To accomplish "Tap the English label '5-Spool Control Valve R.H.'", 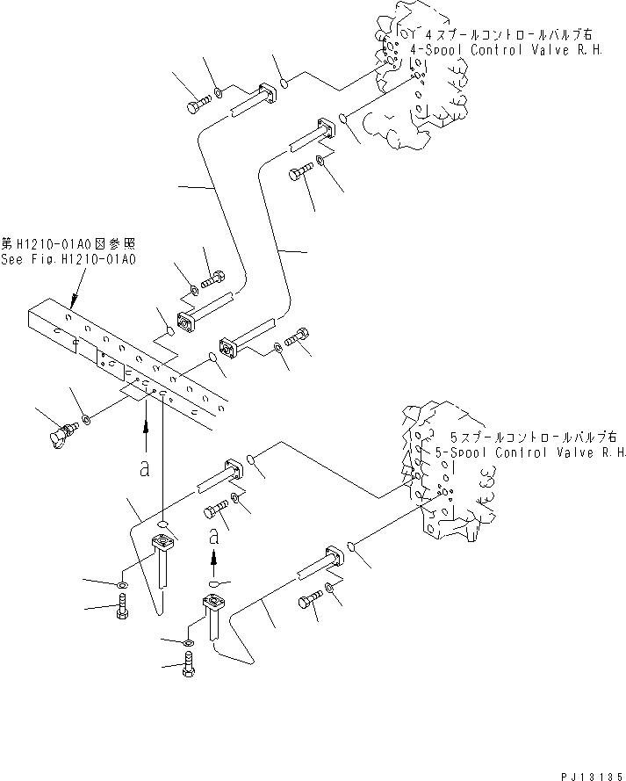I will [x=530, y=453].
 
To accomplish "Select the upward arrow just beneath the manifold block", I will [x=144, y=435].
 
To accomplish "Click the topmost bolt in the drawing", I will [x=196, y=107].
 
